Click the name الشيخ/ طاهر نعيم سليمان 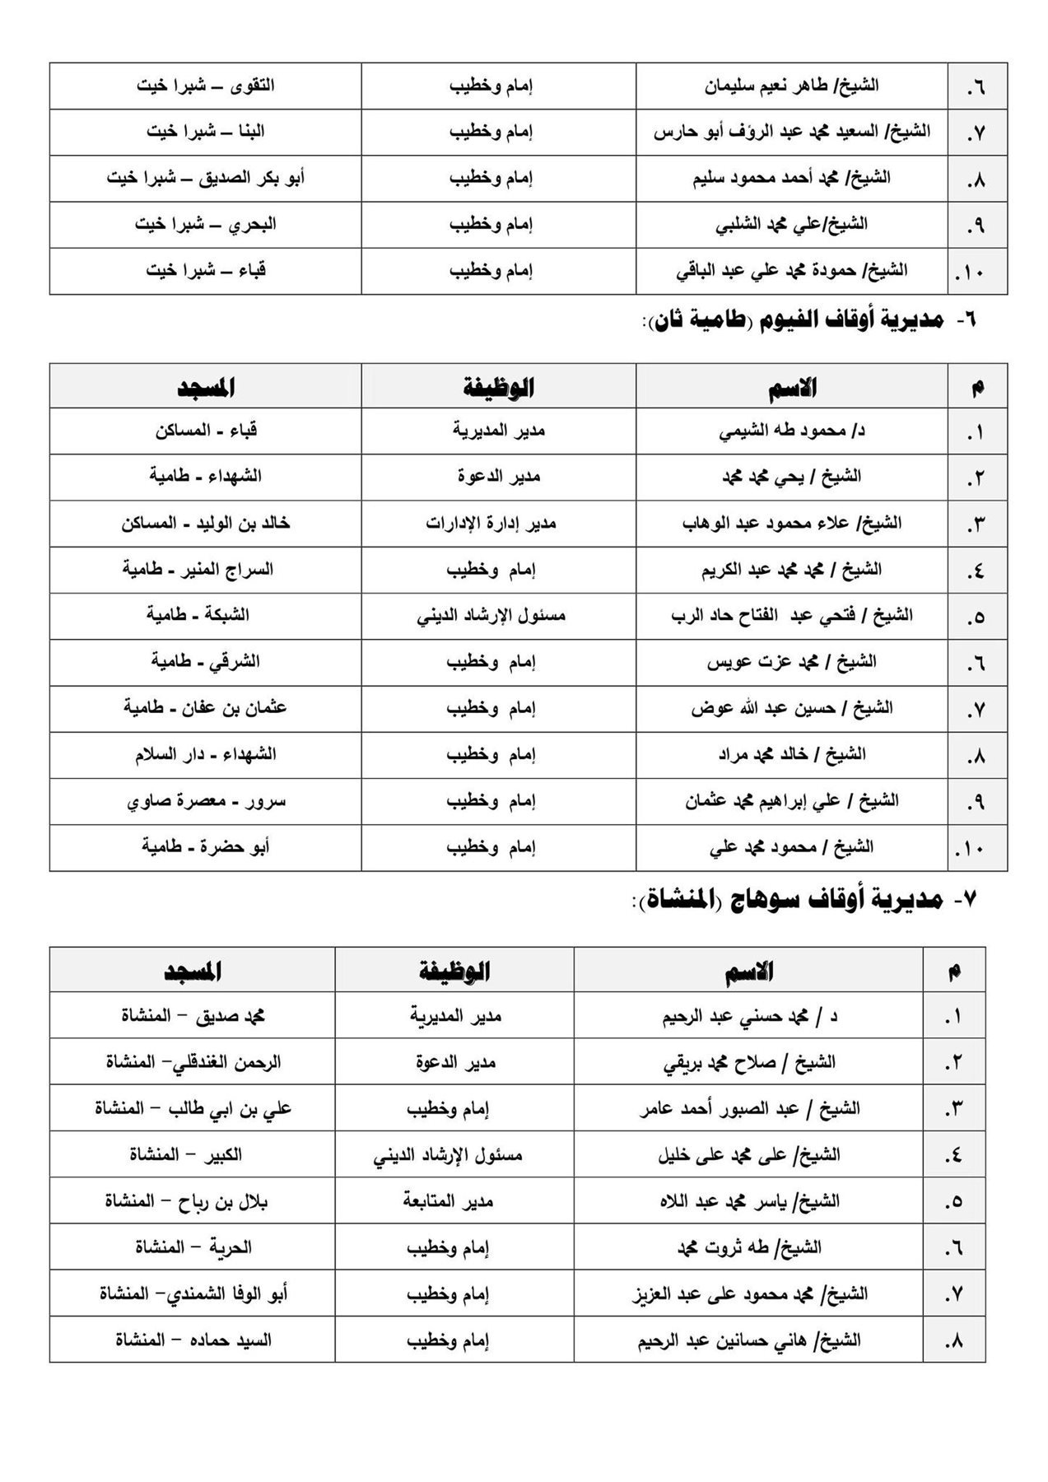tap(791, 86)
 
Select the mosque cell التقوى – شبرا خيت tap(205, 86)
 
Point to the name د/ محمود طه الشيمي tap(791, 431)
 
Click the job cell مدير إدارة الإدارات tap(491, 524)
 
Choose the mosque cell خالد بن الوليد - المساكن tap(205, 524)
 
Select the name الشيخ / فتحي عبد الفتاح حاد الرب tap(791, 616)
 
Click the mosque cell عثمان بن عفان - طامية tap(205, 708)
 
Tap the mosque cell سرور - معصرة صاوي tap(205, 801)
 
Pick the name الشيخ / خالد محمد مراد tap(791, 754)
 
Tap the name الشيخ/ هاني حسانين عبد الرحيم tap(748, 1340)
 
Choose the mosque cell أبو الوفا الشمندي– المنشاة tap(193, 1293)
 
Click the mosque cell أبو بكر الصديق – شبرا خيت tap(205, 178)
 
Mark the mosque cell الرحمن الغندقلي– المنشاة tap(193, 1063)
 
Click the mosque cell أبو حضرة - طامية tap(205, 847)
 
